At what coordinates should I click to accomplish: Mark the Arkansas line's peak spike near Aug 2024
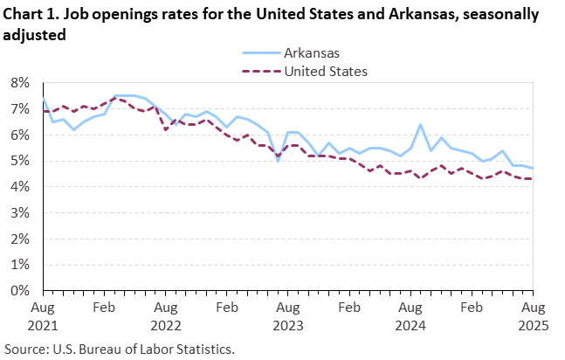point(420,125)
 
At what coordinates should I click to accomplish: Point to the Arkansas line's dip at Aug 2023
point(278,162)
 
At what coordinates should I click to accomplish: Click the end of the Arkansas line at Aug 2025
point(532,169)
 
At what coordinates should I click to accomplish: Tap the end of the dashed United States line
point(532,179)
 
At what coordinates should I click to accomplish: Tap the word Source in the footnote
point(26,348)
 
